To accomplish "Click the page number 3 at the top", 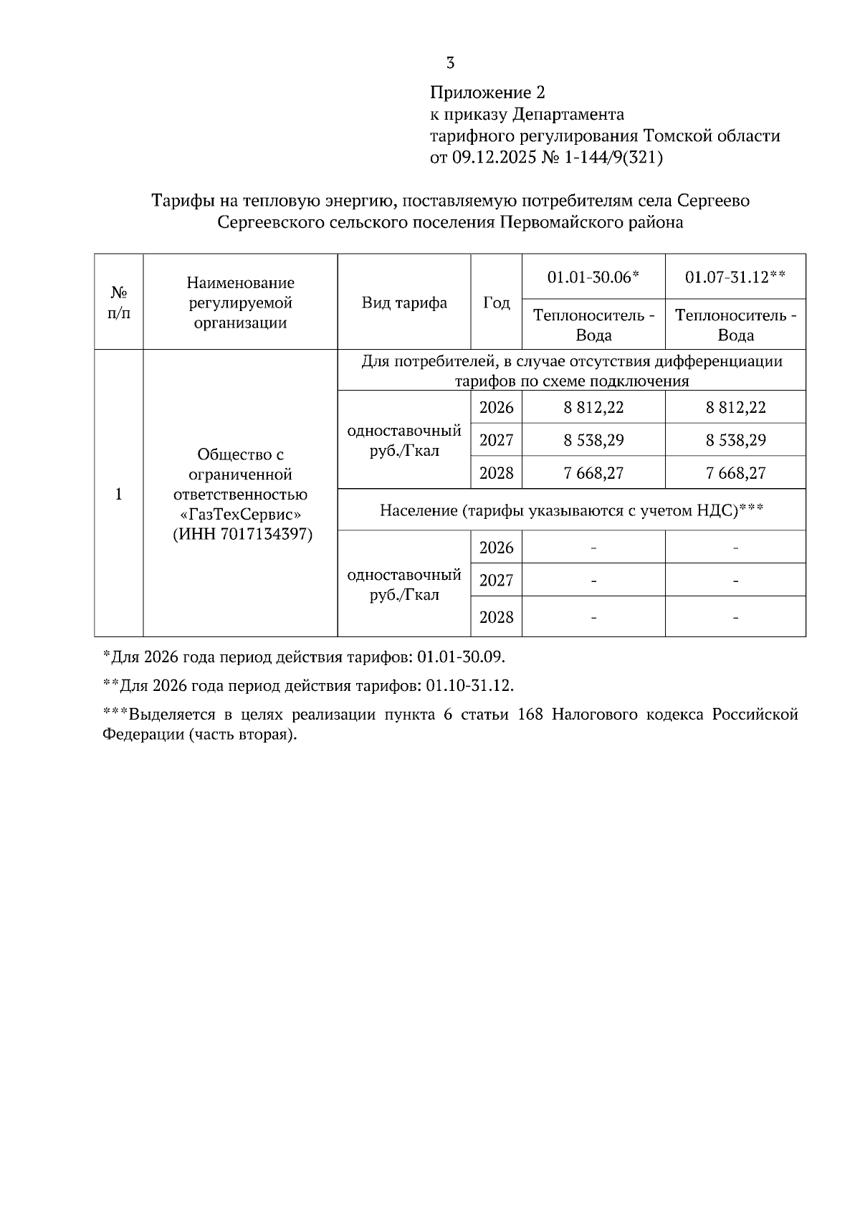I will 450,63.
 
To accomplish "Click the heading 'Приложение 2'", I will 487,92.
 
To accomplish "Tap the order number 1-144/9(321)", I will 613,158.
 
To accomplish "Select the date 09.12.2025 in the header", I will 493,158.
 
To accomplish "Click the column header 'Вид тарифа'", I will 404,302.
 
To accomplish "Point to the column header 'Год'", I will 496,302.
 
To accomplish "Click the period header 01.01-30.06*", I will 593,277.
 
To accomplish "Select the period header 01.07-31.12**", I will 735,277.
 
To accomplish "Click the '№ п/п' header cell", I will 119,302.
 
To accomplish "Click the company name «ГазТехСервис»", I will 240,515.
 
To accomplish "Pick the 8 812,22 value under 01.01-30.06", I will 593,407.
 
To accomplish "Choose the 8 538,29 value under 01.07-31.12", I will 735,440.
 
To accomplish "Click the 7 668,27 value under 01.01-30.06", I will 593,473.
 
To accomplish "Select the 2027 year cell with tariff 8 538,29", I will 496,440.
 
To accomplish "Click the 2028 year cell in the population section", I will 496,616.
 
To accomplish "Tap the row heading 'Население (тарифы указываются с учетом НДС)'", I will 571,510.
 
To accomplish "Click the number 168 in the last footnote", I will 530,715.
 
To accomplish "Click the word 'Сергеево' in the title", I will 713,201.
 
